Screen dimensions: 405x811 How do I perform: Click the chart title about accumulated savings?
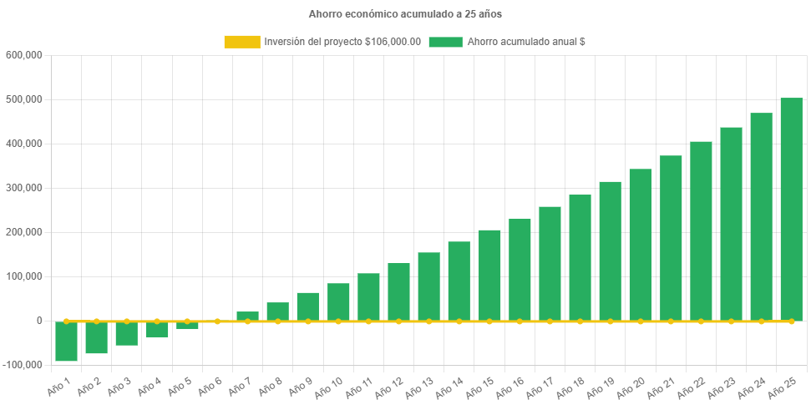click(x=405, y=14)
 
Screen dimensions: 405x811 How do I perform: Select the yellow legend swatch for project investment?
click(x=241, y=42)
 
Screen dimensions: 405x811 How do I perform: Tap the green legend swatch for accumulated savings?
click(x=445, y=42)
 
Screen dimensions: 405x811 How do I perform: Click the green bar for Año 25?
click(x=791, y=209)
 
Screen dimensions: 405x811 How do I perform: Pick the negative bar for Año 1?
click(x=67, y=342)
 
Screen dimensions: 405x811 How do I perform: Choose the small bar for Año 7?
click(x=247, y=316)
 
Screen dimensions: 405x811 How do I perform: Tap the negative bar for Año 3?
click(x=127, y=333)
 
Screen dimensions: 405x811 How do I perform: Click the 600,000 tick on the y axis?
click(x=23, y=55)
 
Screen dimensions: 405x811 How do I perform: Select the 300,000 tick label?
click(x=23, y=188)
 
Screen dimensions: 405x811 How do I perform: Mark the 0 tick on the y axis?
click(x=38, y=321)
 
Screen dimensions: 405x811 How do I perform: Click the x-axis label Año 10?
click(x=330, y=387)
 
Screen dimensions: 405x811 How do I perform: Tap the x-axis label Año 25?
click(x=783, y=387)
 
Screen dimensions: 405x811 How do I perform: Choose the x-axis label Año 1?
click(x=58, y=386)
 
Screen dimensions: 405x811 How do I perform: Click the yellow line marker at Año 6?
click(x=217, y=321)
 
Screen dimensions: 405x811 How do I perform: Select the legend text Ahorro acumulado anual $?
click(x=525, y=42)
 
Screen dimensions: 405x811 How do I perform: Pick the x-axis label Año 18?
click(x=572, y=387)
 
